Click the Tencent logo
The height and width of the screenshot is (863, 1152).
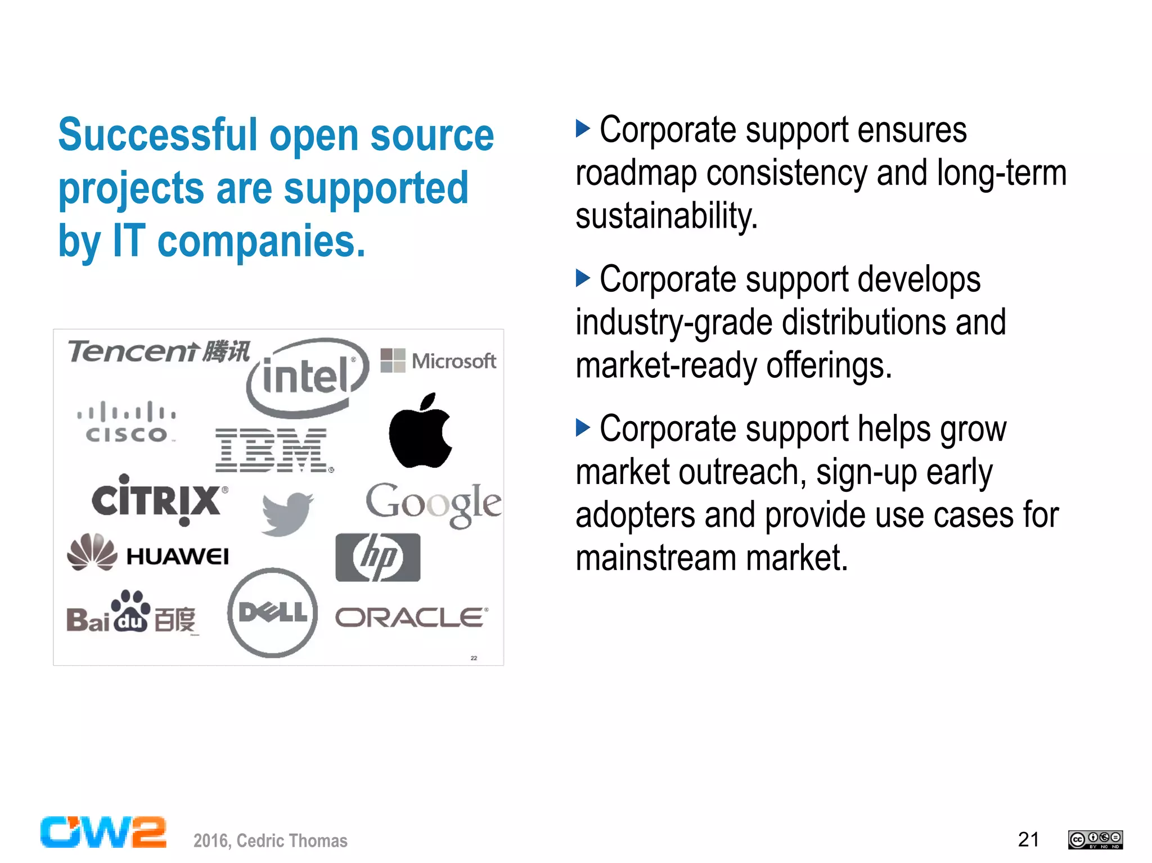tap(159, 351)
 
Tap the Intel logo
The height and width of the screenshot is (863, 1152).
tap(307, 377)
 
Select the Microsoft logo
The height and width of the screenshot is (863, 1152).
tap(438, 360)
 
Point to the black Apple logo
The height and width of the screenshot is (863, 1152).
tap(421, 431)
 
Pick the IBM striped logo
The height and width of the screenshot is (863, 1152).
tap(272, 450)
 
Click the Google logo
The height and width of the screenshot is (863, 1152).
tap(434, 504)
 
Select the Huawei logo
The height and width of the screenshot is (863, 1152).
tap(148, 553)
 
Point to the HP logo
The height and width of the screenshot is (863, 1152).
tap(377, 557)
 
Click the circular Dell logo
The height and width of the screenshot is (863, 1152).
tap(273, 612)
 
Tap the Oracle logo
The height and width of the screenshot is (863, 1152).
tap(411, 617)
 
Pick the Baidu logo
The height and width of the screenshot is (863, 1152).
tap(132, 614)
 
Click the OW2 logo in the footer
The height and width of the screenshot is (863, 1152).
tap(103, 832)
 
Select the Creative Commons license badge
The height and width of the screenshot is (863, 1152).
tap(1095, 839)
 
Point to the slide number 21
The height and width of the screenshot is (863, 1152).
tap(1028, 839)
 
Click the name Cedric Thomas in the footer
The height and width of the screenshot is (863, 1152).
tap(292, 841)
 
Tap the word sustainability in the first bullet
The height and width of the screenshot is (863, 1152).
tap(667, 216)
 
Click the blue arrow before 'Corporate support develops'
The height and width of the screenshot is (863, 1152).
tap(583, 278)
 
